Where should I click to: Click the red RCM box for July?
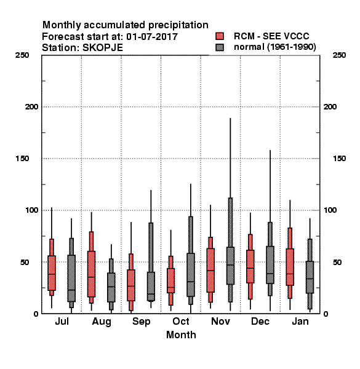52,272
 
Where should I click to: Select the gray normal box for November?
230,266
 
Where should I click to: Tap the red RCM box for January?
290,267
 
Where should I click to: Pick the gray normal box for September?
151,286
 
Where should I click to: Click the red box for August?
91,274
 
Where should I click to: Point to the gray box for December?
270,264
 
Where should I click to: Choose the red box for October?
170,280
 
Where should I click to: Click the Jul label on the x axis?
62,321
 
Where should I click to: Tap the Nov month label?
220,321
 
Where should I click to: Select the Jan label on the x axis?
300,321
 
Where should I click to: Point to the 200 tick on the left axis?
31,106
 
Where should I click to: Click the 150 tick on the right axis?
339,159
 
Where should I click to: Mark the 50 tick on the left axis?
25,262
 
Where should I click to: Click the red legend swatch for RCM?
220,36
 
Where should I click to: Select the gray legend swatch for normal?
220,47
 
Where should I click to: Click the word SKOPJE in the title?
103,48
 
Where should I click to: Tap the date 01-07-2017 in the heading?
152,37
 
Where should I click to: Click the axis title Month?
181,335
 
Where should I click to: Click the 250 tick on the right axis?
339,55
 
